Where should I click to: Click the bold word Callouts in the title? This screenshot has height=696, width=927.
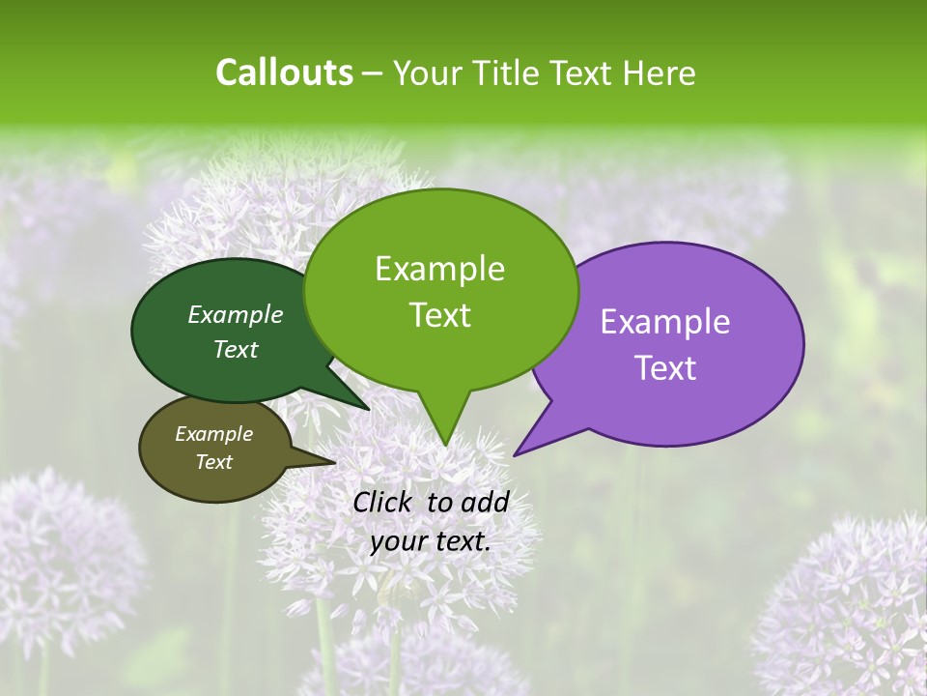[284, 72]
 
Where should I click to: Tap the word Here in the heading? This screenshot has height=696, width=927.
[660, 73]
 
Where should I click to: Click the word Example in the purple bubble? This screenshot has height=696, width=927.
[665, 322]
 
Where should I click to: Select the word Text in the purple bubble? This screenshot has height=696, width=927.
[665, 368]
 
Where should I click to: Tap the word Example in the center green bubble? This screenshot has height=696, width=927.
[439, 269]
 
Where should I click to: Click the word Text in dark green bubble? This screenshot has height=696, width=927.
[236, 350]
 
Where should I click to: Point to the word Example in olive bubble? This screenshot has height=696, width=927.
[213, 434]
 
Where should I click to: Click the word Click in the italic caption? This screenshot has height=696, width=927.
[382, 502]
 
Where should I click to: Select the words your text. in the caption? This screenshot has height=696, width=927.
[431, 541]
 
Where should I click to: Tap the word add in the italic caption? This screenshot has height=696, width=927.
[484, 502]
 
